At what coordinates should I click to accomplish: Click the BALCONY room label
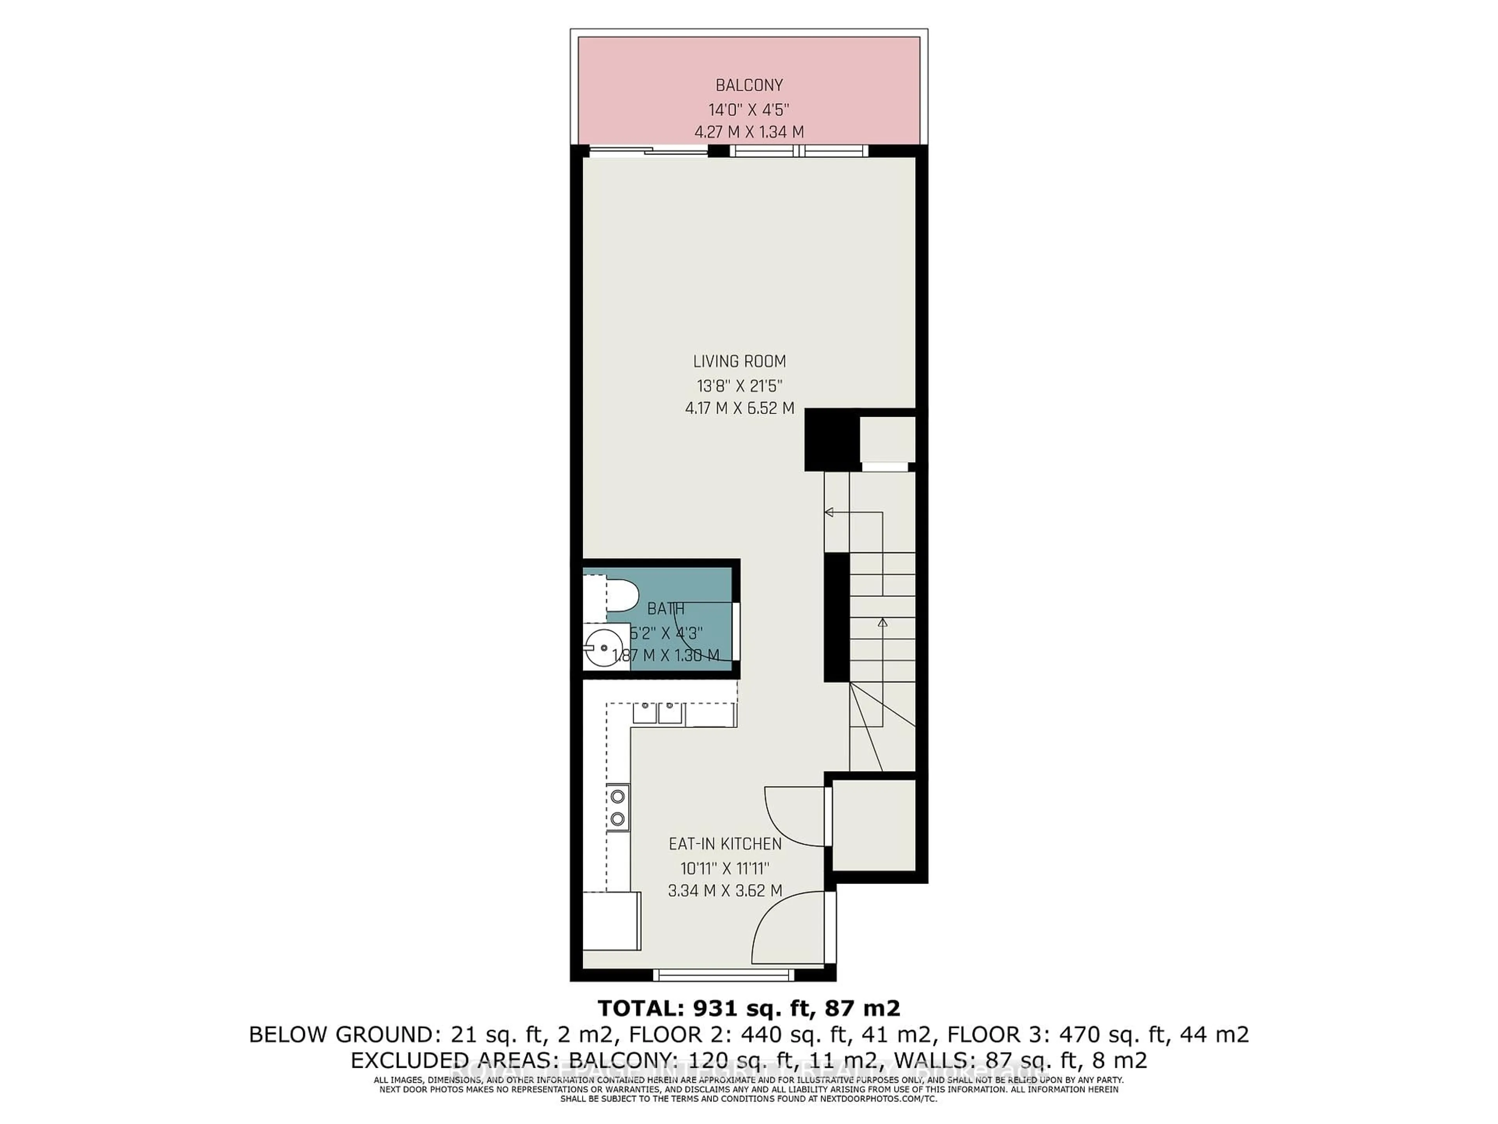[x=749, y=85]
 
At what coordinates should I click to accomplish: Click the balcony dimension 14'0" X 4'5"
[x=749, y=109]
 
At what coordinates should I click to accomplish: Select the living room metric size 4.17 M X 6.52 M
[x=740, y=409]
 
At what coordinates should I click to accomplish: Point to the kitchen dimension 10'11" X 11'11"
[x=725, y=867]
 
